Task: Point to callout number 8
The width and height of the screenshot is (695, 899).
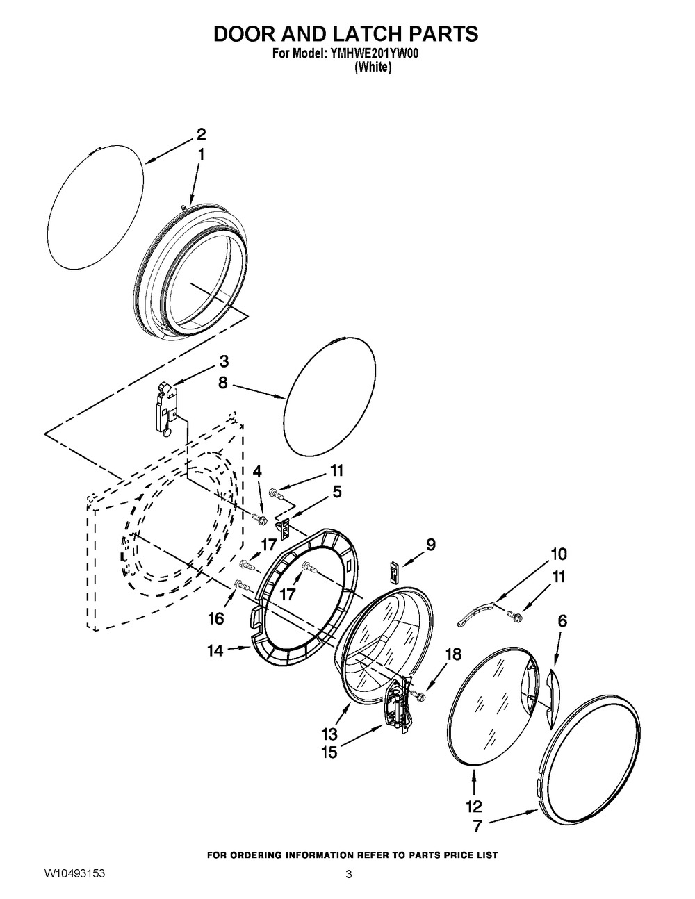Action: pyautogui.click(x=222, y=383)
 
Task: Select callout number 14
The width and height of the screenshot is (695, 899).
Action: pyautogui.click(x=215, y=651)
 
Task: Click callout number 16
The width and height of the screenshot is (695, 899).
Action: pyautogui.click(x=216, y=618)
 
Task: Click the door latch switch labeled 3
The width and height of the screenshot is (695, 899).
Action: pyautogui.click(x=168, y=409)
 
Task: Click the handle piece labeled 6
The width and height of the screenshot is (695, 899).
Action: pyautogui.click(x=553, y=699)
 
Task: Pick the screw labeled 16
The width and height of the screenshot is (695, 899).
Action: pyautogui.click(x=243, y=585)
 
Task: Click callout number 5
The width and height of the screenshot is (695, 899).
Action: pyautogui.click(x=337, y=492)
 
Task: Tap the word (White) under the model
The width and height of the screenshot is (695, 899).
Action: pyautogui.click(x=373, y=67)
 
